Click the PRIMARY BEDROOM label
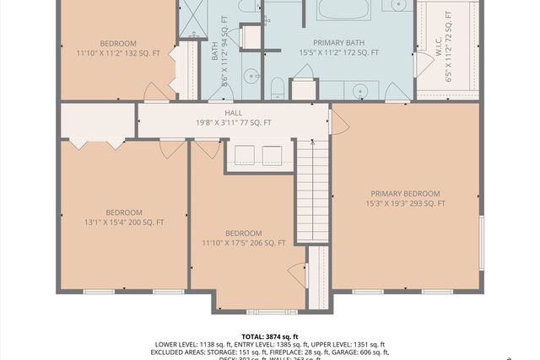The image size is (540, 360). coord(405,193)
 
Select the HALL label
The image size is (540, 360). coord(234,112)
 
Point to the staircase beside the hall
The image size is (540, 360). coord(312,190)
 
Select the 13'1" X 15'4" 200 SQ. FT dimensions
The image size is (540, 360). coord(124,223)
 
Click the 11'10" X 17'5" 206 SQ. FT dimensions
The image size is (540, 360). coord(243,243)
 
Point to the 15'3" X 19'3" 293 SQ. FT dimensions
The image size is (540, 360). coord(405,203)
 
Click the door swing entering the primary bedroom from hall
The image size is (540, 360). coord(340,123)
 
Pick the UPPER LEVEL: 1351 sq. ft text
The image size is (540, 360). coord(343,345)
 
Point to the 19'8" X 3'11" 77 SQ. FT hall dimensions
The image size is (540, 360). coord(234,122)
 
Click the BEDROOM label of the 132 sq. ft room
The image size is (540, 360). coord(118,43)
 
